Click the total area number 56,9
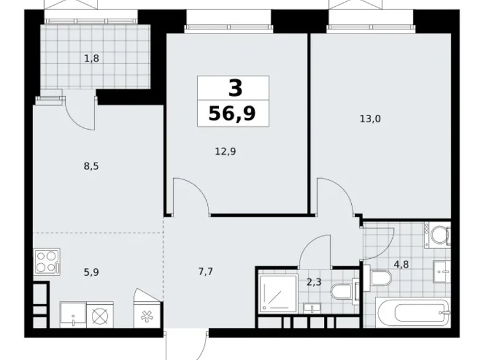tap(233, 114)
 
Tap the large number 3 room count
tap(236, 88)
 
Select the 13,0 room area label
tap(370, 119)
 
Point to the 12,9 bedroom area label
tap(226, 151)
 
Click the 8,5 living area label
tap(91, 167)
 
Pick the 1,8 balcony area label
tap(92, 58)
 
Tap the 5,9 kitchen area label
tap(91, 272)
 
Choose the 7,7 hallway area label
tap(205, 272)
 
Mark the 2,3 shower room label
tap(314, 282)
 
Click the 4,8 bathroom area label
tap(401, 264)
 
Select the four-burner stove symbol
tap(47, 261)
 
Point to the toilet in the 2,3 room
tap(343, 291)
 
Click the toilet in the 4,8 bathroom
tap(379, 277)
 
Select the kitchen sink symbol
tap(73, 315)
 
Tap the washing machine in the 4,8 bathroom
tap(437, 235)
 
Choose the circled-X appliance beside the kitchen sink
tap(100, 315)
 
